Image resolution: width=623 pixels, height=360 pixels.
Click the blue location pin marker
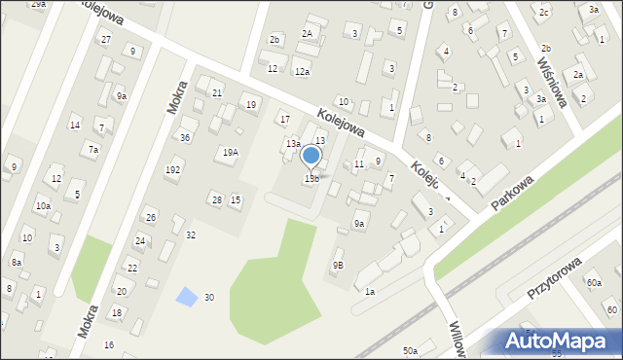coord(311,156)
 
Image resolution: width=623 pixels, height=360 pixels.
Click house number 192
coord(172,169)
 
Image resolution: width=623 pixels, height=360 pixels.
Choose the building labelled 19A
coord(230,152)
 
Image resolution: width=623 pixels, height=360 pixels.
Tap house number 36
coord(184,137)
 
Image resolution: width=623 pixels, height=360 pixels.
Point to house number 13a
coord(292,143)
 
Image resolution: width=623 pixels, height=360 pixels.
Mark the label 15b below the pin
coord(311,178)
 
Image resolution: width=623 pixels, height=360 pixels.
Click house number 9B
coord(337,264)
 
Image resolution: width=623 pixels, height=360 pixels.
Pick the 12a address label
coord(302,72)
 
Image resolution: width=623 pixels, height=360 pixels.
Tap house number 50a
coord(410,350)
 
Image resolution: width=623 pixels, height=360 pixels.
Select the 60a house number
coord(594,282)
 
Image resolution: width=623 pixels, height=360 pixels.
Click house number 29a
coord(38,5)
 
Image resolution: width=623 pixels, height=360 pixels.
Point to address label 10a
coord(43,205)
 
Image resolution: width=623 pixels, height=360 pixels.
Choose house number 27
coord(105,39)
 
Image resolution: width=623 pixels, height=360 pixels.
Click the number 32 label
coord(191,234)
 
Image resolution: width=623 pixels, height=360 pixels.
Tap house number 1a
coord(370,291)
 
